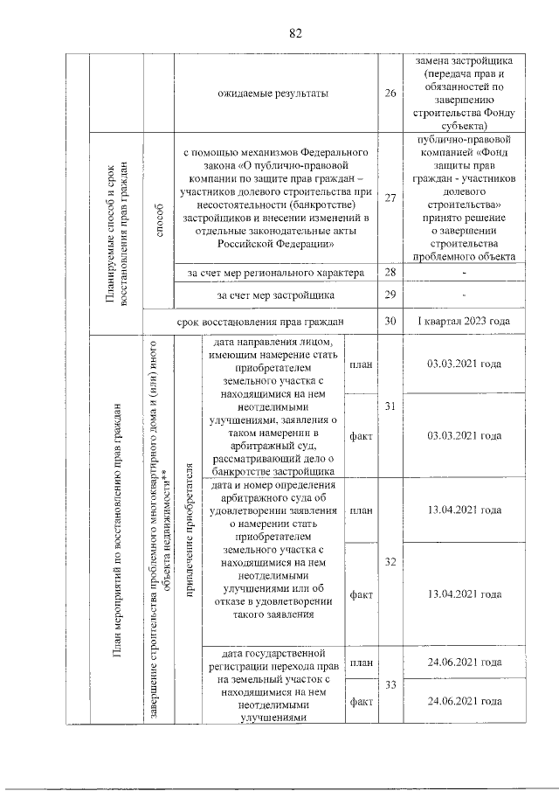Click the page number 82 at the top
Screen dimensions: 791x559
pos(294,33)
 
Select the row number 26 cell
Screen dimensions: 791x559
pos(390,94)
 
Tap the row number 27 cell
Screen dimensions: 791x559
pos(390,198)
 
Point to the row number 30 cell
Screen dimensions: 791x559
pos(390,322)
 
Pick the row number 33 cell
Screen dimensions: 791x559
pos(390,685)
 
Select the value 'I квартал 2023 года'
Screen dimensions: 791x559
pos(463,322)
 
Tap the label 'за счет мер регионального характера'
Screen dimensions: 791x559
pos(275,274)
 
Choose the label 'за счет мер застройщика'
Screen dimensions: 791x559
pos(275,295)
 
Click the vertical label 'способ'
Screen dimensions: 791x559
pos(158,198)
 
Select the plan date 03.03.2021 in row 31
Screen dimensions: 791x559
pos(464,364)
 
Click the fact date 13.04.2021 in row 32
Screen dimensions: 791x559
pos(464,594)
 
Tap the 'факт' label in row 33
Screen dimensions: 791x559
pos(361,701)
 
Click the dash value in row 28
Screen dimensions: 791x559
pos(464,274)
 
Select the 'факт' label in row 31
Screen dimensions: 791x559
pos(361,434)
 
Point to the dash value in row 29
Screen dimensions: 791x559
pos(464,295)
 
